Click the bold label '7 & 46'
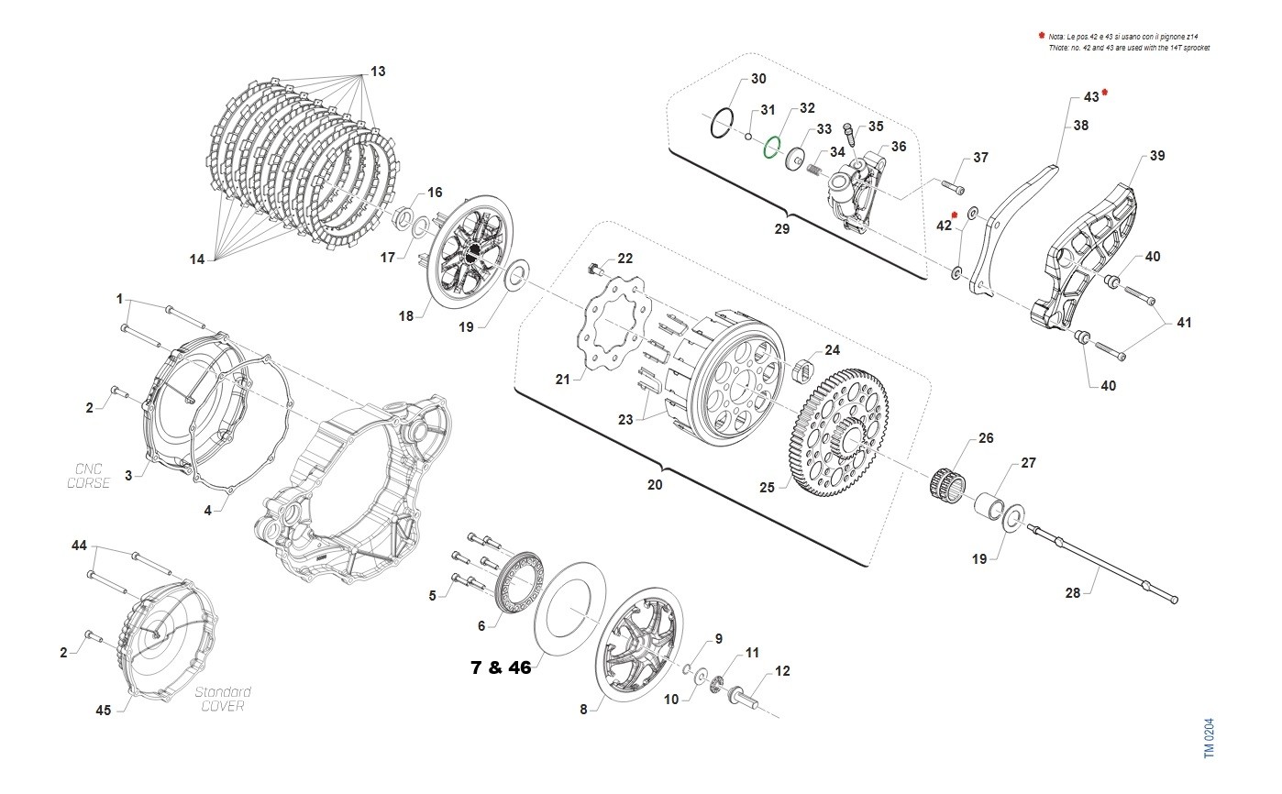coord(501,667)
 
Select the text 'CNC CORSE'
coord(88,476)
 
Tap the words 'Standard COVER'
coord(224,699)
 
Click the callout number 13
coord(378,72)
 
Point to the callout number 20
coord(654,485)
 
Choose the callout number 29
coord(781,229)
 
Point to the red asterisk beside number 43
coord(1105,93)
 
